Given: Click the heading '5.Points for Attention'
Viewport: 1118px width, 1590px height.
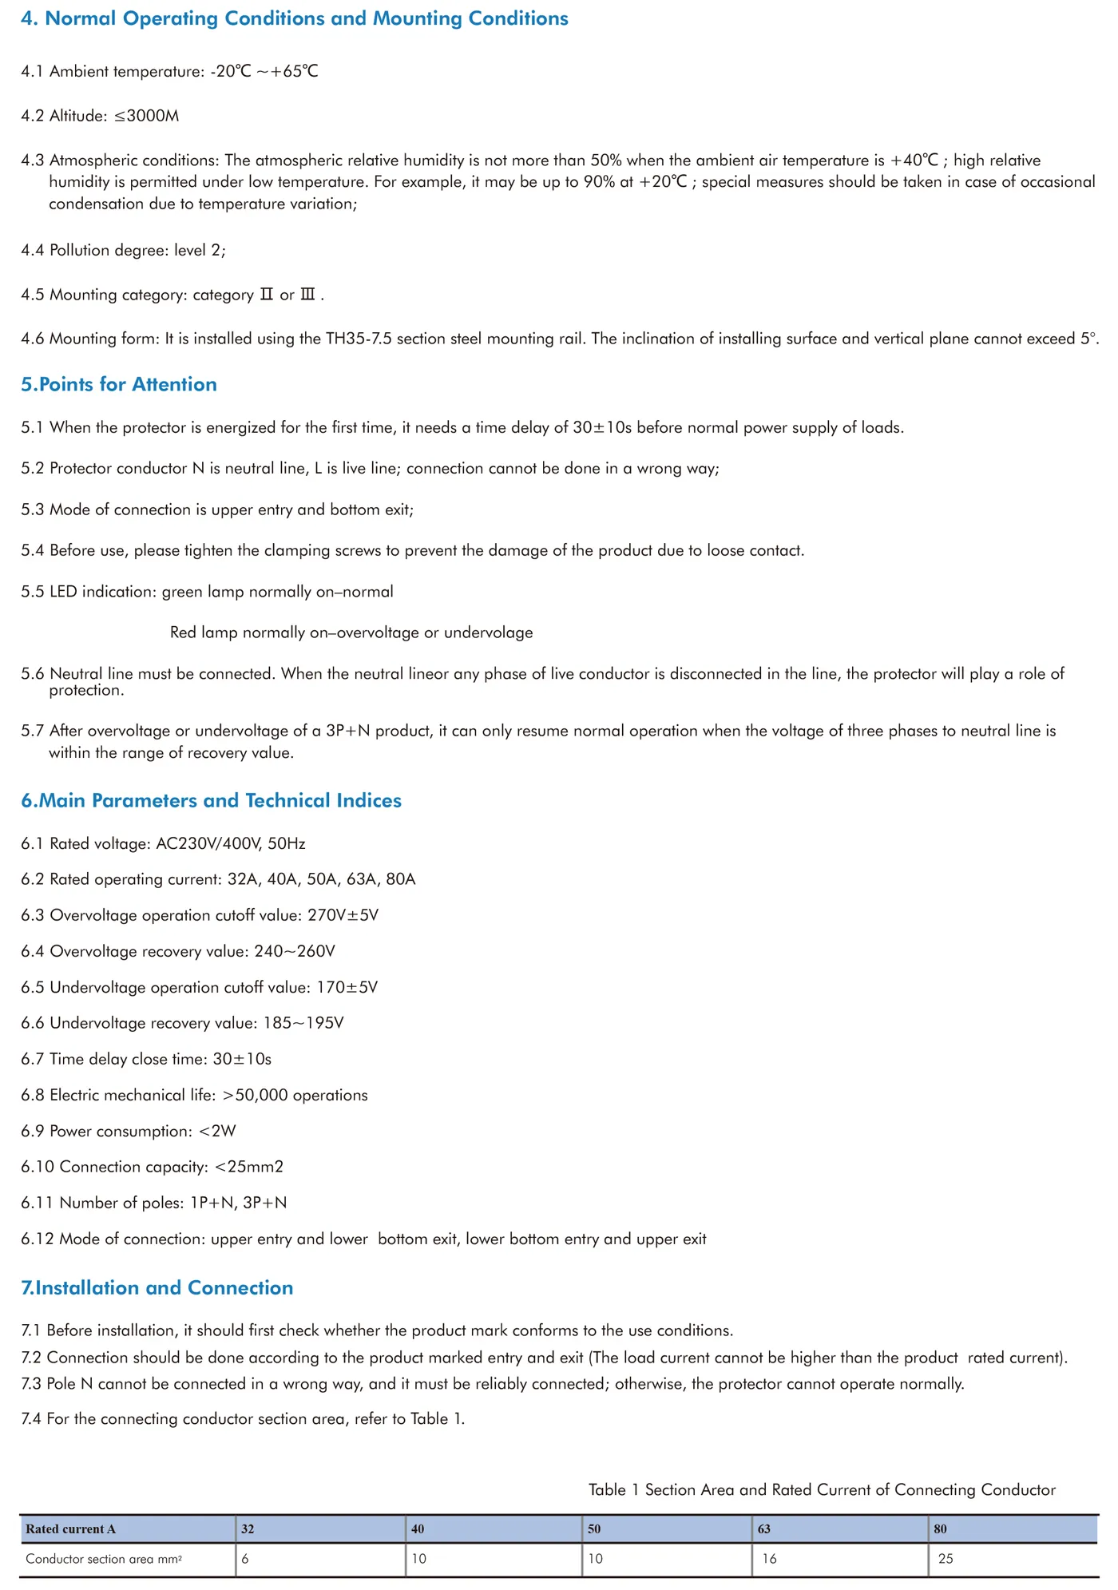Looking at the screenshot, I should tap(119, 384).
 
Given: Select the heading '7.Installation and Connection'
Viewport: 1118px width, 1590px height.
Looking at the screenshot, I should tap(157, 1287).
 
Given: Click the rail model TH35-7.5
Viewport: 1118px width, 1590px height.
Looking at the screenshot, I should tap(359, 339).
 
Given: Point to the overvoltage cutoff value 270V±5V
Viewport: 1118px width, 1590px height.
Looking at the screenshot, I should tap(343, 915).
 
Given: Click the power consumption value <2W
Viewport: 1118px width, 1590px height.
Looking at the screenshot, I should tap(217, 1131).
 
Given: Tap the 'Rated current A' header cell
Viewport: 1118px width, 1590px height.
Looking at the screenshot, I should tap(70, 1529).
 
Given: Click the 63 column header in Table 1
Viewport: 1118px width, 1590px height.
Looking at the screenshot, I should tap(764, 1529).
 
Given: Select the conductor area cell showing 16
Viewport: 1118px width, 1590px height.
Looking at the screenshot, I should tap(769, 1559).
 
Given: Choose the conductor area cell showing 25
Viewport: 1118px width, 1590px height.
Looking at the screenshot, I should tap(946, 1559).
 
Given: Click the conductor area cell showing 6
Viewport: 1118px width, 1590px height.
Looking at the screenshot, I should tap(245, 1559).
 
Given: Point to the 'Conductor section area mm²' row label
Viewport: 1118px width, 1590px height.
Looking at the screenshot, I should tap(104, 1559).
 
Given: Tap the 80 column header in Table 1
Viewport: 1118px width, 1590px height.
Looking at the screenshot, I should tap(940, 1529).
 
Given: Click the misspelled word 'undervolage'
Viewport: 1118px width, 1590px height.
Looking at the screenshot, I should tap(488, 632).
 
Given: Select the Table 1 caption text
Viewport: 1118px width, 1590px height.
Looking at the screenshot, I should tap(822, 1489).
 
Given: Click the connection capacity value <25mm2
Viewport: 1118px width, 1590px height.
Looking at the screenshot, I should tap(249, 1167).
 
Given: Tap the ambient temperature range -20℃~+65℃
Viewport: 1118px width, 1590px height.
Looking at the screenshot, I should tap(264, 71).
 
